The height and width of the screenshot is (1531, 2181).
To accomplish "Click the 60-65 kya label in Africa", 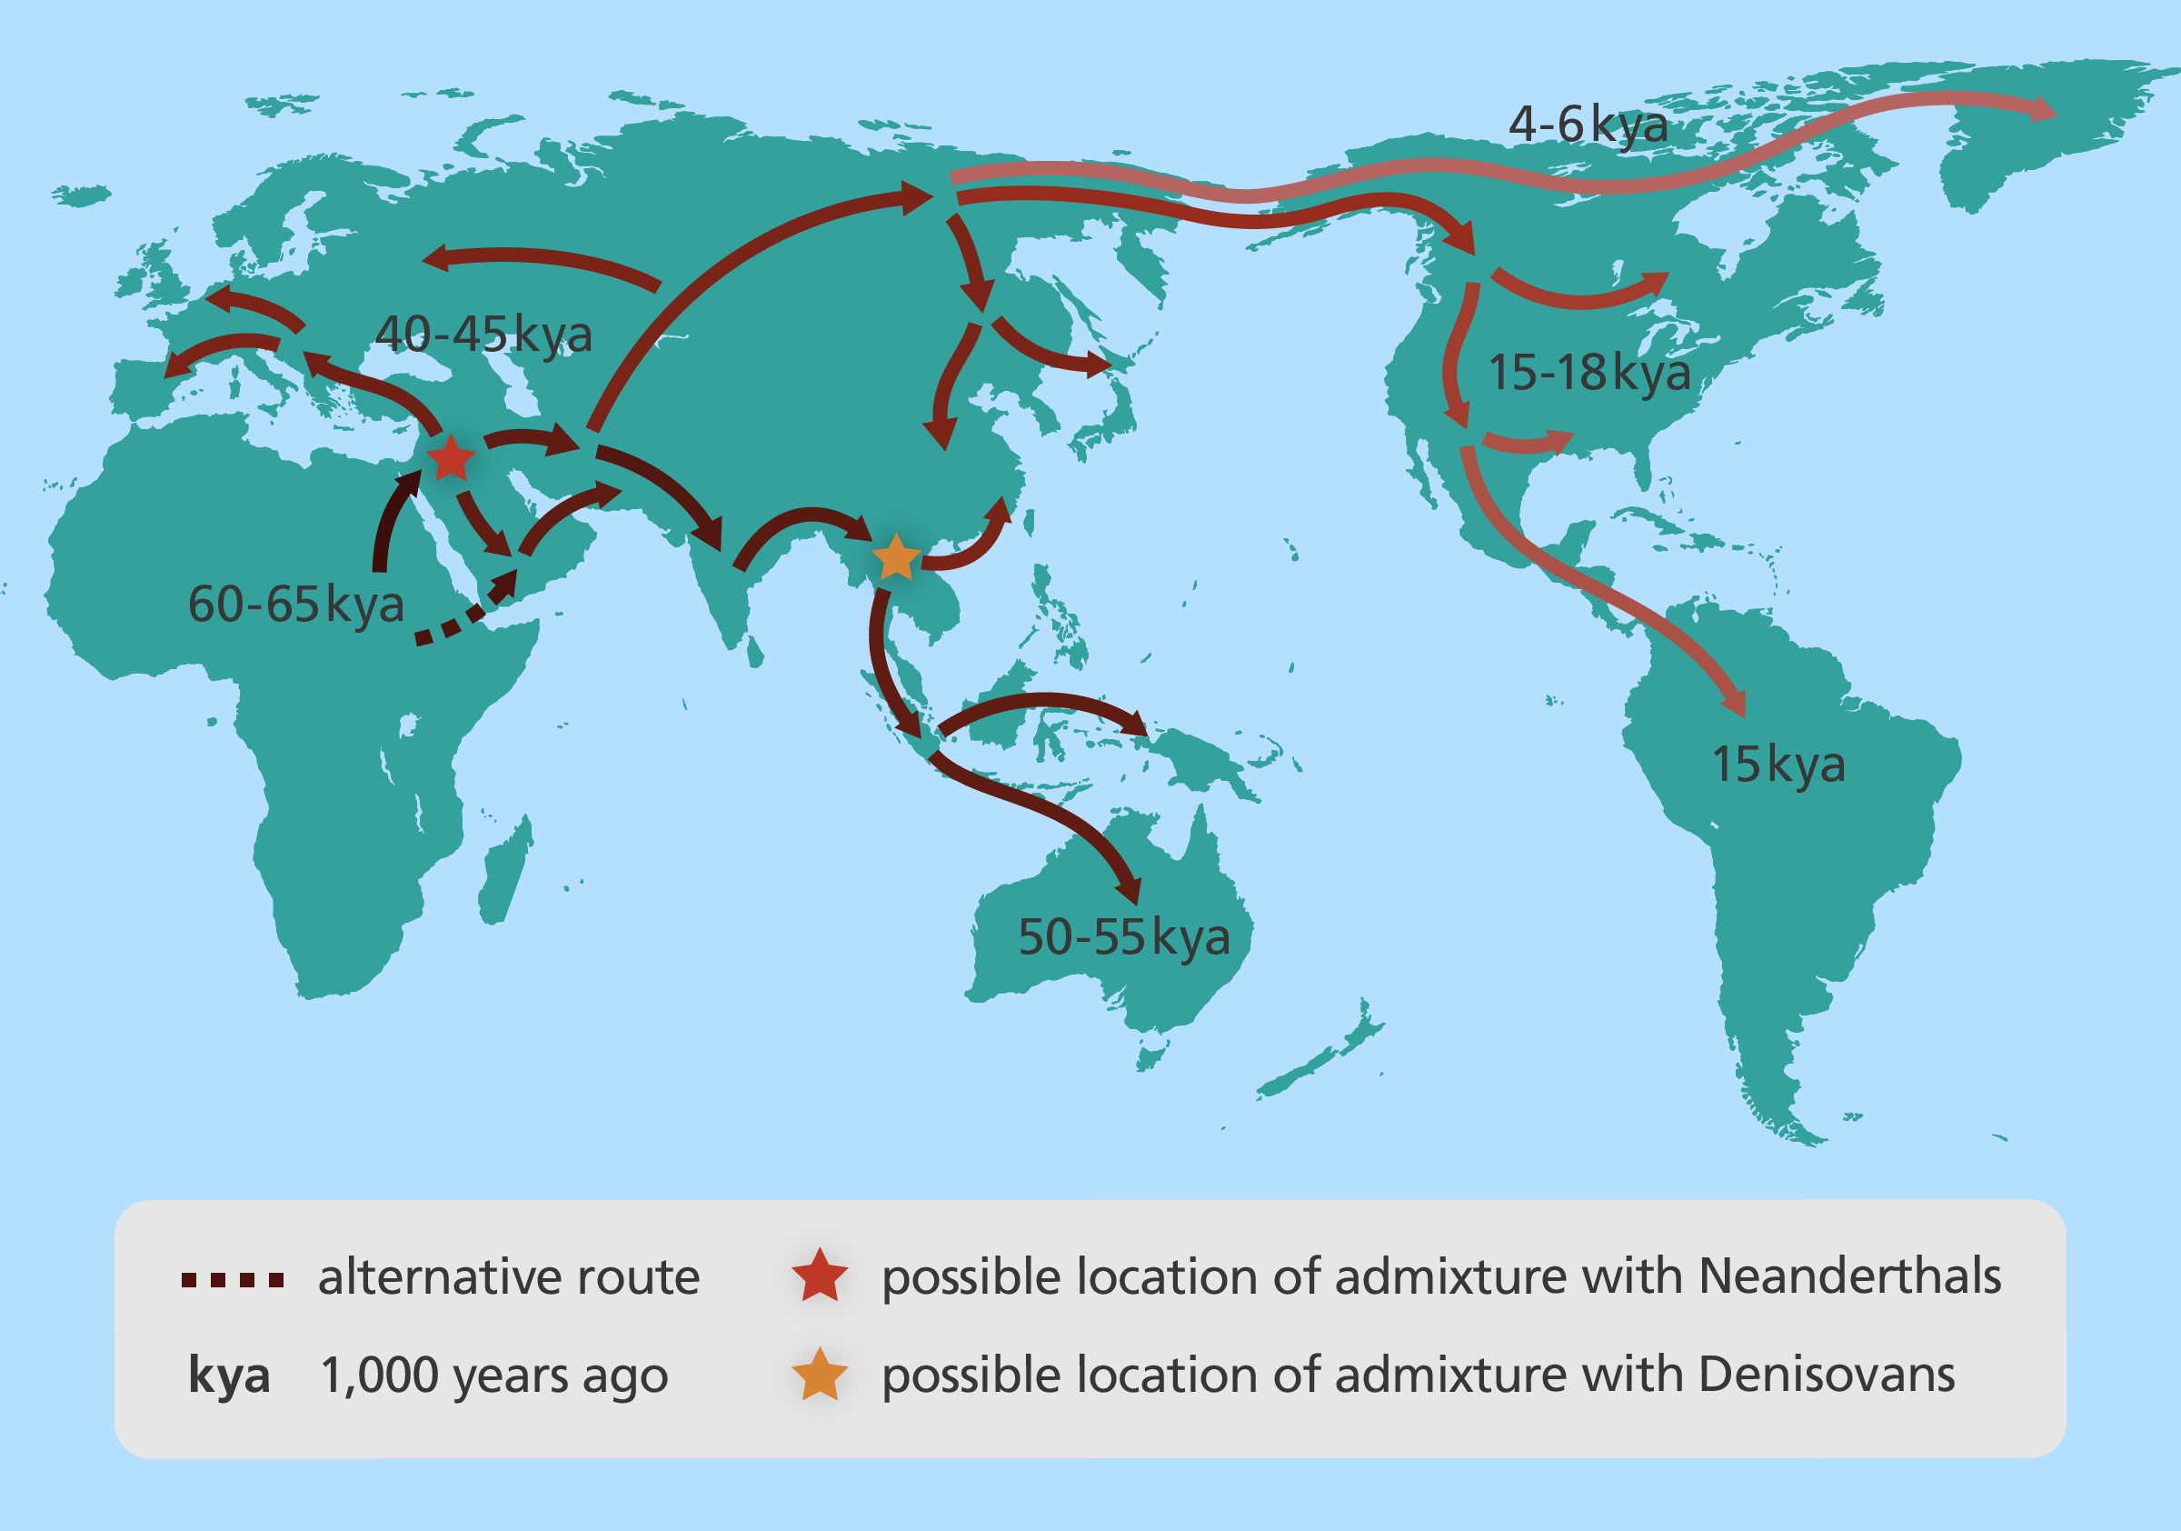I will [295, 605].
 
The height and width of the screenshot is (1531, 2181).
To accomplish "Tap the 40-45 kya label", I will [483, 334].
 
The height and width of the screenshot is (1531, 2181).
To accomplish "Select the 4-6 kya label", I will [1588, 125].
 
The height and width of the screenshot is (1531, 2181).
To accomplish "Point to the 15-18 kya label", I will [1588, 372].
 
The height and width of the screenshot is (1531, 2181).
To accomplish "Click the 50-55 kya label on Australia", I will [1124, 937].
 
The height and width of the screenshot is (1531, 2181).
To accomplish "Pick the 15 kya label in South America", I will [1778, 764].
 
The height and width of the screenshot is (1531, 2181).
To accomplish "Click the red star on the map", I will [450, 460].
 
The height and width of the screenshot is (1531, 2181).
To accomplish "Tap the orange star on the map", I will [895, 559].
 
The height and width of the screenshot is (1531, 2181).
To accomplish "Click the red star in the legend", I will [819, 1276].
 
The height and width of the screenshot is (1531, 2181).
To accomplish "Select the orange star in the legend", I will [819, 1376].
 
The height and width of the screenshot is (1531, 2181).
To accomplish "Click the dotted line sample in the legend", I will [233, 1280].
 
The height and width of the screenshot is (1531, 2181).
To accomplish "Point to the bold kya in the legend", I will [229, 1376].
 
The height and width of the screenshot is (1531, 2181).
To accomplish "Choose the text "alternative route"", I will [509, 1276].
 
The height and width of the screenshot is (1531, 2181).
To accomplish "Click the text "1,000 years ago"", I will [494, 1376].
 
